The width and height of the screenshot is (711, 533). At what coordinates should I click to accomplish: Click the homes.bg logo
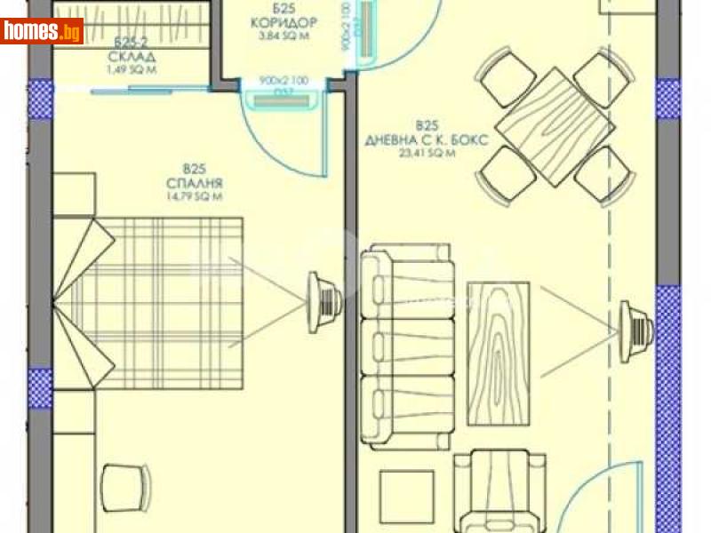[x=42, y=31]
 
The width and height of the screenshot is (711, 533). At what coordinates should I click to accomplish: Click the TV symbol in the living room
[x=635, y=325]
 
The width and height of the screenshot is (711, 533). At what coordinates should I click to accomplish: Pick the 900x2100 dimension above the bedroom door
[x=284, y=81]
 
